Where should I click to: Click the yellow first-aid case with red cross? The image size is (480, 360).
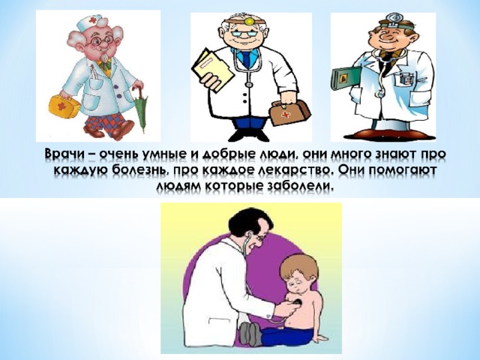(x=64, y=106)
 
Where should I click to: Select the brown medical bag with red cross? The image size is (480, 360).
(x=289, y=112)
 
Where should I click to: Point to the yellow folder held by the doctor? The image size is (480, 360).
(x=211, y=68)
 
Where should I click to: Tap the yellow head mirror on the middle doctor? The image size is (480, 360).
(x=249, y=21)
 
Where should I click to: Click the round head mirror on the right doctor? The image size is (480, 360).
(x=393, y=18)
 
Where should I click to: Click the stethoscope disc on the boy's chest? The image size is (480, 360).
(x=297, y=303)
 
